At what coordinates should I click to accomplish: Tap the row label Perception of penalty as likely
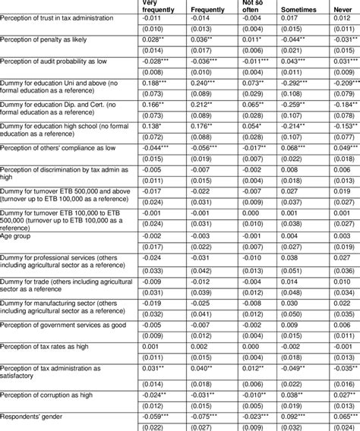[53, 58]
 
